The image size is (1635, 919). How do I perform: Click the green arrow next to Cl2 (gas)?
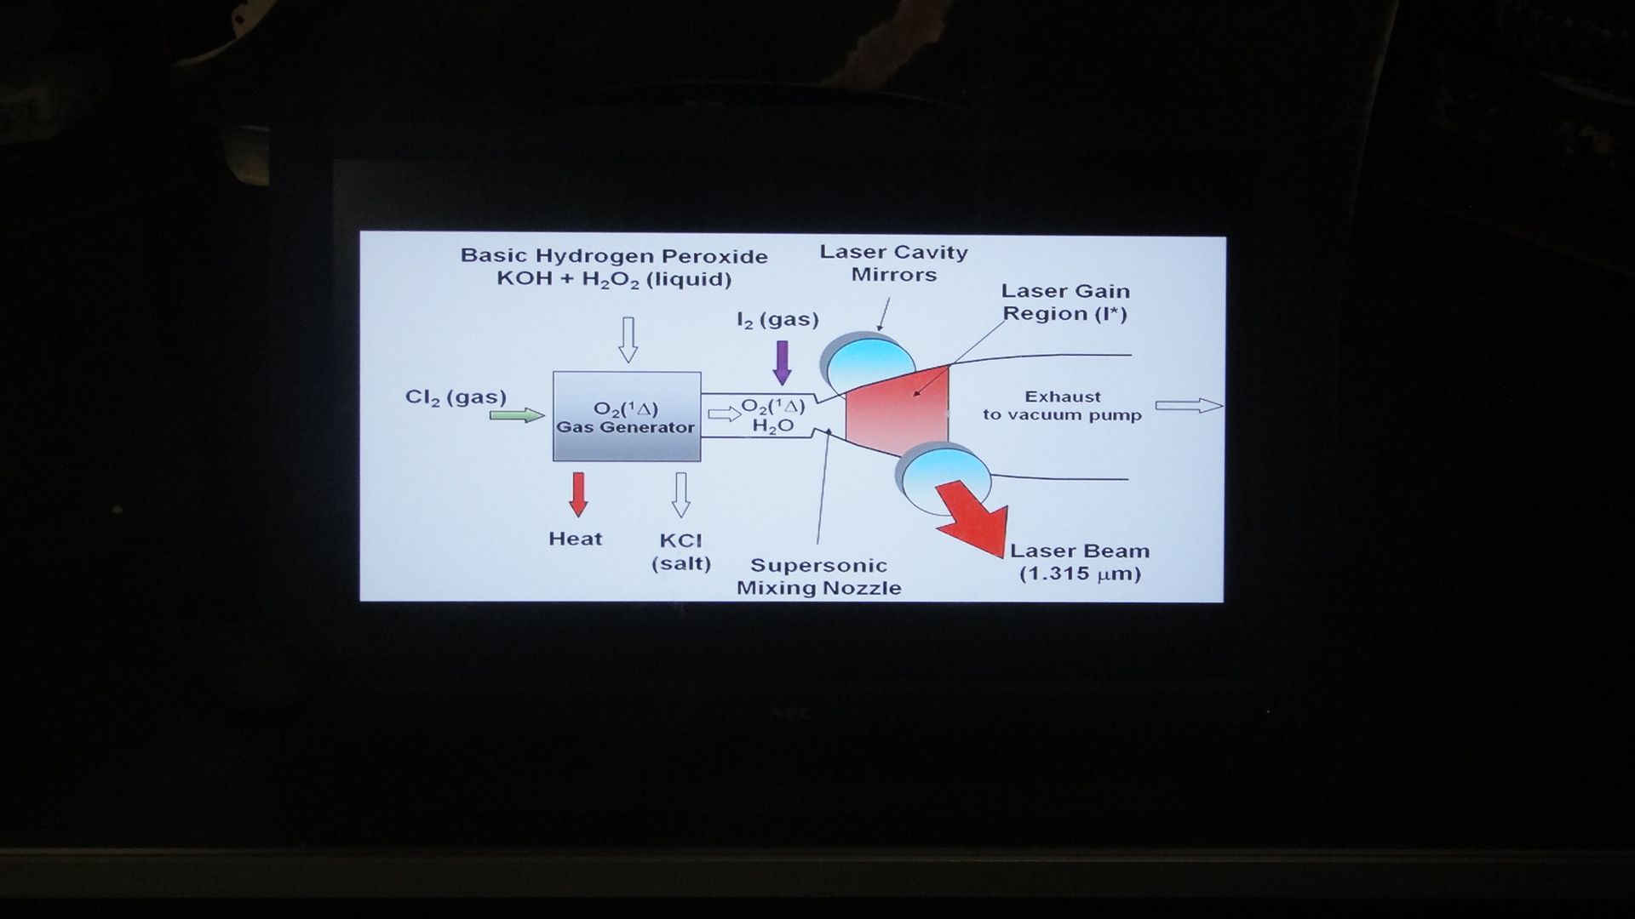click(517, 415)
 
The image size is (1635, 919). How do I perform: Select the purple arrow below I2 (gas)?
click(782, 362)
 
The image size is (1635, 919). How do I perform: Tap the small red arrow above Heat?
click(578, 494)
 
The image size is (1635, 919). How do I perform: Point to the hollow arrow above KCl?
click(680, 495)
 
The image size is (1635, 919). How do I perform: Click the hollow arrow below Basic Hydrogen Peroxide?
click(628, 340)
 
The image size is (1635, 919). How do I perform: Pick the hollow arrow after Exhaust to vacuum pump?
click(1189, 406)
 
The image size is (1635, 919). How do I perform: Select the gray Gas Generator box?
click(627, 416)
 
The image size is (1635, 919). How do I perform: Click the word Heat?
click(576, 539)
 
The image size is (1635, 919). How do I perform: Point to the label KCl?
click(680, 540)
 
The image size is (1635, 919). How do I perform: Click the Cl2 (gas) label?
click(456, 397)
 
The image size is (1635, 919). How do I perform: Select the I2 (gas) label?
click(777, 320)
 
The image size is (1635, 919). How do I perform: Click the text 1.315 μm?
click(1081, 574)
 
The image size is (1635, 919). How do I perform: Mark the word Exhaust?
click(1063, 397)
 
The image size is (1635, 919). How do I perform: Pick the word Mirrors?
click(894, 275)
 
